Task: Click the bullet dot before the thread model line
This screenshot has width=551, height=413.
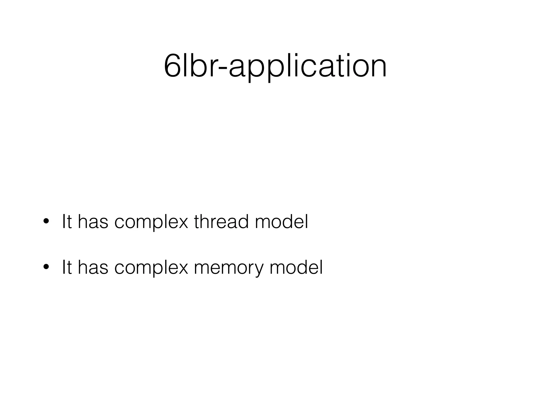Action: pos(46,222)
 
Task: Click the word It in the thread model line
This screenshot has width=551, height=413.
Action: pos(67,222)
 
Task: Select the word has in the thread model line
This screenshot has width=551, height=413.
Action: pos(93,222)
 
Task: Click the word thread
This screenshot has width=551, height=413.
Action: pos(221,222)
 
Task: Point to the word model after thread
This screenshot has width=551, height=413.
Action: pos(281,222)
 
